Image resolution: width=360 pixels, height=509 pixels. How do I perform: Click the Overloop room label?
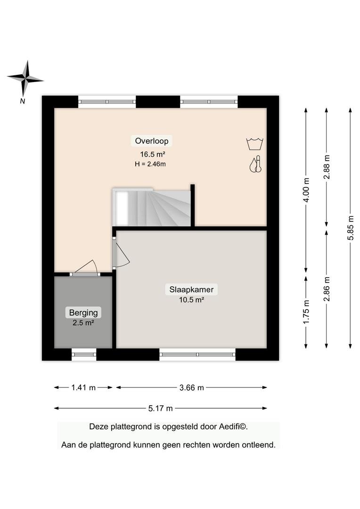tap(152, 141)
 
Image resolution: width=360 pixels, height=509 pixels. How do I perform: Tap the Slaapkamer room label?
tap(191, 289)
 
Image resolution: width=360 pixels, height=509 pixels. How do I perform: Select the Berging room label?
tap(83, 312)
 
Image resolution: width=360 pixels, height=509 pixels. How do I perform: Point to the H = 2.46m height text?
tap(150, 164)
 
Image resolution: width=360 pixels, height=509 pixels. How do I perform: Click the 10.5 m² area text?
tap(191, 300)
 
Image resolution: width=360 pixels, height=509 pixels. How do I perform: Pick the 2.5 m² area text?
tap(83, 323)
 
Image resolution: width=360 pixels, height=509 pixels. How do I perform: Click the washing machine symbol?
tap(255, 143)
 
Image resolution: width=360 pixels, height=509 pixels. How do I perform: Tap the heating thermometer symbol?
tap(256, 164)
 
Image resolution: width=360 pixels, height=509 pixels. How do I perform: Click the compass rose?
tap(25, 79)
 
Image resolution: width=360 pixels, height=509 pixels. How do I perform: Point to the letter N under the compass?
tap(23, 101)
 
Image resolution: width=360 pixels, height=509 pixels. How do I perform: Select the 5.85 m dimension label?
tap(350, 228)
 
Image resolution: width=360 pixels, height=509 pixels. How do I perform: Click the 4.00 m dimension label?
tap(306, 189)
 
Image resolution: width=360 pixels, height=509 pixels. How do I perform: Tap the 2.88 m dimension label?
tap(327, 167)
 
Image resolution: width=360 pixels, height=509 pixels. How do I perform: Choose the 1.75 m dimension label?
tap(306, 312)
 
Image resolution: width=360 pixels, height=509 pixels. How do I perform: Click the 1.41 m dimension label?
tap(83, 387)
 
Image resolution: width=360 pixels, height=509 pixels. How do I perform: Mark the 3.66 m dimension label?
tap(191, 387)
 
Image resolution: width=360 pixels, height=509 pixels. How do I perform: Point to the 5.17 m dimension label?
tap(160, 408)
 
